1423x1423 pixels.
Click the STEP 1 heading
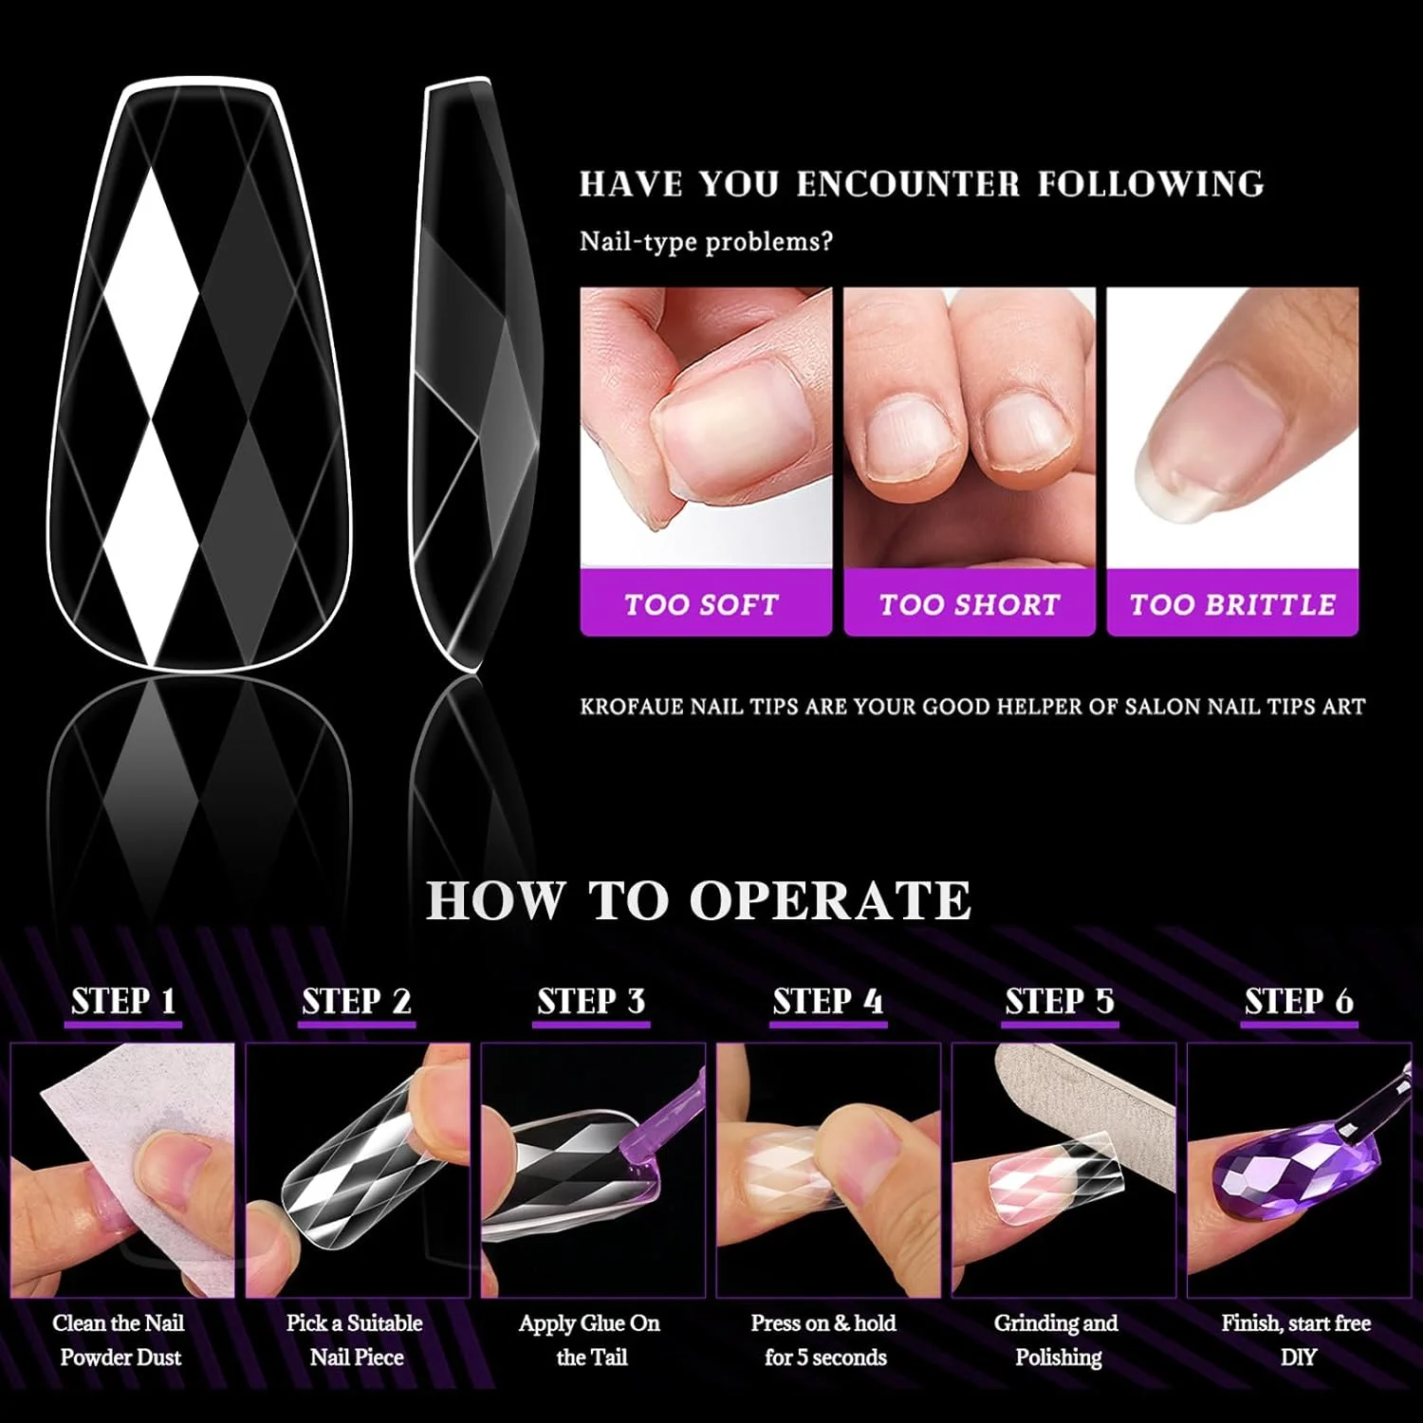click(123, 1001)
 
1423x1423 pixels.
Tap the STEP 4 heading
click(827, 1001)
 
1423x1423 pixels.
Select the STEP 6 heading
click(1299, 1001)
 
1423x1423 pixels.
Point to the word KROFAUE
click(631, 707)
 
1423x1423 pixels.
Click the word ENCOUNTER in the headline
click(908, 183)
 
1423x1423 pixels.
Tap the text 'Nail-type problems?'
click(706, 241)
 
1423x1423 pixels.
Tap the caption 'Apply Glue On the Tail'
click(589, 1340)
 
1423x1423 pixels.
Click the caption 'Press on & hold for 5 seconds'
click(824, 1340)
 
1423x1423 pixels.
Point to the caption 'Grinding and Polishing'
click(1057, 1340)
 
